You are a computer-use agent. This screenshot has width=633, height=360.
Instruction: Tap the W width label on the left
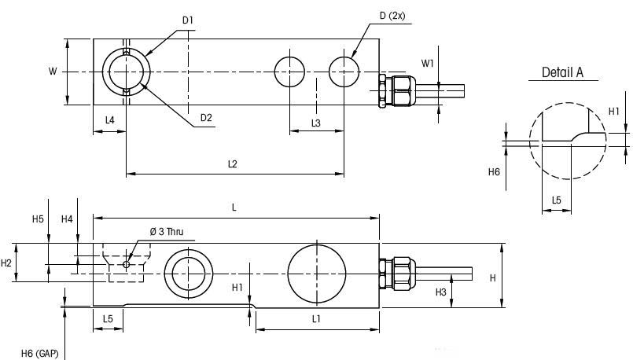point(53,72)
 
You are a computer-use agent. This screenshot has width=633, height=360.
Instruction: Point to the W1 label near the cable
point(427,62)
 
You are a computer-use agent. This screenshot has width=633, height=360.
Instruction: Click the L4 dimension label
point(110,120)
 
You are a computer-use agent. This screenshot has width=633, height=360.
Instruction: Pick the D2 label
point(206,118)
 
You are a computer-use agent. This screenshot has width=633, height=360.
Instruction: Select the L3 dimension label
point(316,123)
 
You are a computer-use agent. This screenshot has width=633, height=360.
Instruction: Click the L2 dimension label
point(232,163)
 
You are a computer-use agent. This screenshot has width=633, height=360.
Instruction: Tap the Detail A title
point(562,72)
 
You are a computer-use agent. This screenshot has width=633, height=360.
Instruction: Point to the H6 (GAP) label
point(38,354)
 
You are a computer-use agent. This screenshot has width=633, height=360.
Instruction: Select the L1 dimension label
point(316,318)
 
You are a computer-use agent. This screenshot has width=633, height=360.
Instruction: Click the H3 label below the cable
point(441,292)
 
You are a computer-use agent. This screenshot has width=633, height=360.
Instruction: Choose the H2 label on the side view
point(7,263)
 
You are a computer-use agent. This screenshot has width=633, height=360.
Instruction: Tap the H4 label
point(68,219)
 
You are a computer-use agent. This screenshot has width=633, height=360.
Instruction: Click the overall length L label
point(234,207)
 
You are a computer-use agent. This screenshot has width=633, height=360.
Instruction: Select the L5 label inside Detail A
point(557,200)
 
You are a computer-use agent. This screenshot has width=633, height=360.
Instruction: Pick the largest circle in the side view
point(317,272)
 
